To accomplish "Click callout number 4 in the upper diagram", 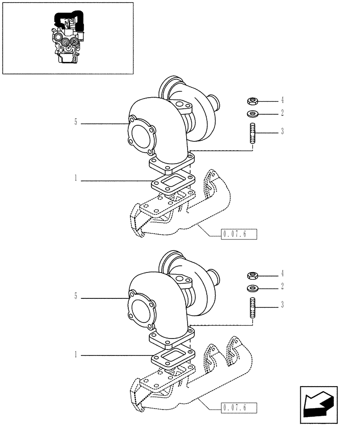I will (282, 100).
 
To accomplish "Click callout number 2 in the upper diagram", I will (282, 113).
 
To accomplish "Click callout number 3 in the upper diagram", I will (282, 132).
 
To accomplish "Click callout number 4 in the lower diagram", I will (282, 273).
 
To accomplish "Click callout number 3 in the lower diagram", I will (282, 306).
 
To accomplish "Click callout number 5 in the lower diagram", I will (76, 296).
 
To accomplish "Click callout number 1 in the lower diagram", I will (76, 355).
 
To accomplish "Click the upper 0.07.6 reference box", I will (239, 234).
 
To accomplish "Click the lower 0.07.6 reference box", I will (239, 407).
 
